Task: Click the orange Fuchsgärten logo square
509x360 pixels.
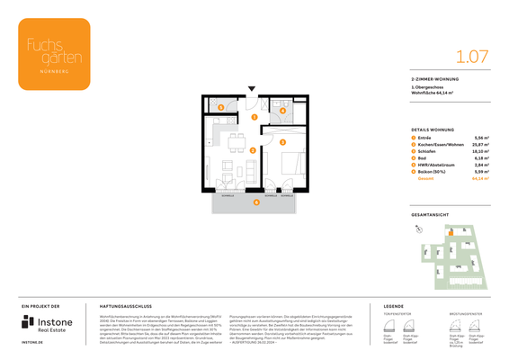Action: click(x=54, y=53)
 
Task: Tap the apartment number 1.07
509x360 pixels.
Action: click(x=472, y=56)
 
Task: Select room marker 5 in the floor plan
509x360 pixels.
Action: click(x=221, y=107)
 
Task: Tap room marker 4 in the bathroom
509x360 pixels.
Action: click(x=282, y=111)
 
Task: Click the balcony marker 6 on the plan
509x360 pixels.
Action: click(x=255, y=202)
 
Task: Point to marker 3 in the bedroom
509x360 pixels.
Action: click(x=282, y=142)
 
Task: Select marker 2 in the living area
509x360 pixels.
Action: click(x=253, y=150)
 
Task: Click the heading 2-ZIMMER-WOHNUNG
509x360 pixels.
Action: click(x=433, y=80)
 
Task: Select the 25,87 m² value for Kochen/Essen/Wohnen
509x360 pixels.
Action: click(x=480, y=144)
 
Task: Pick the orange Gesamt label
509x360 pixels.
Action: click(x=425, y=178)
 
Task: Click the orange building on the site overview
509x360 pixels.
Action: click(x=451, y=231)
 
